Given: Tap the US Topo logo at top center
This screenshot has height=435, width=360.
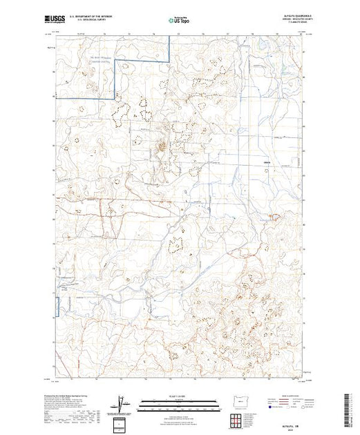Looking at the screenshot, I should point(180,21).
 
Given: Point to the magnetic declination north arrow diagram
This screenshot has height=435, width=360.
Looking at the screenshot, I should point(123,404).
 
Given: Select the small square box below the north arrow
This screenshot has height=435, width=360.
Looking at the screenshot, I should point(123,422).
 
